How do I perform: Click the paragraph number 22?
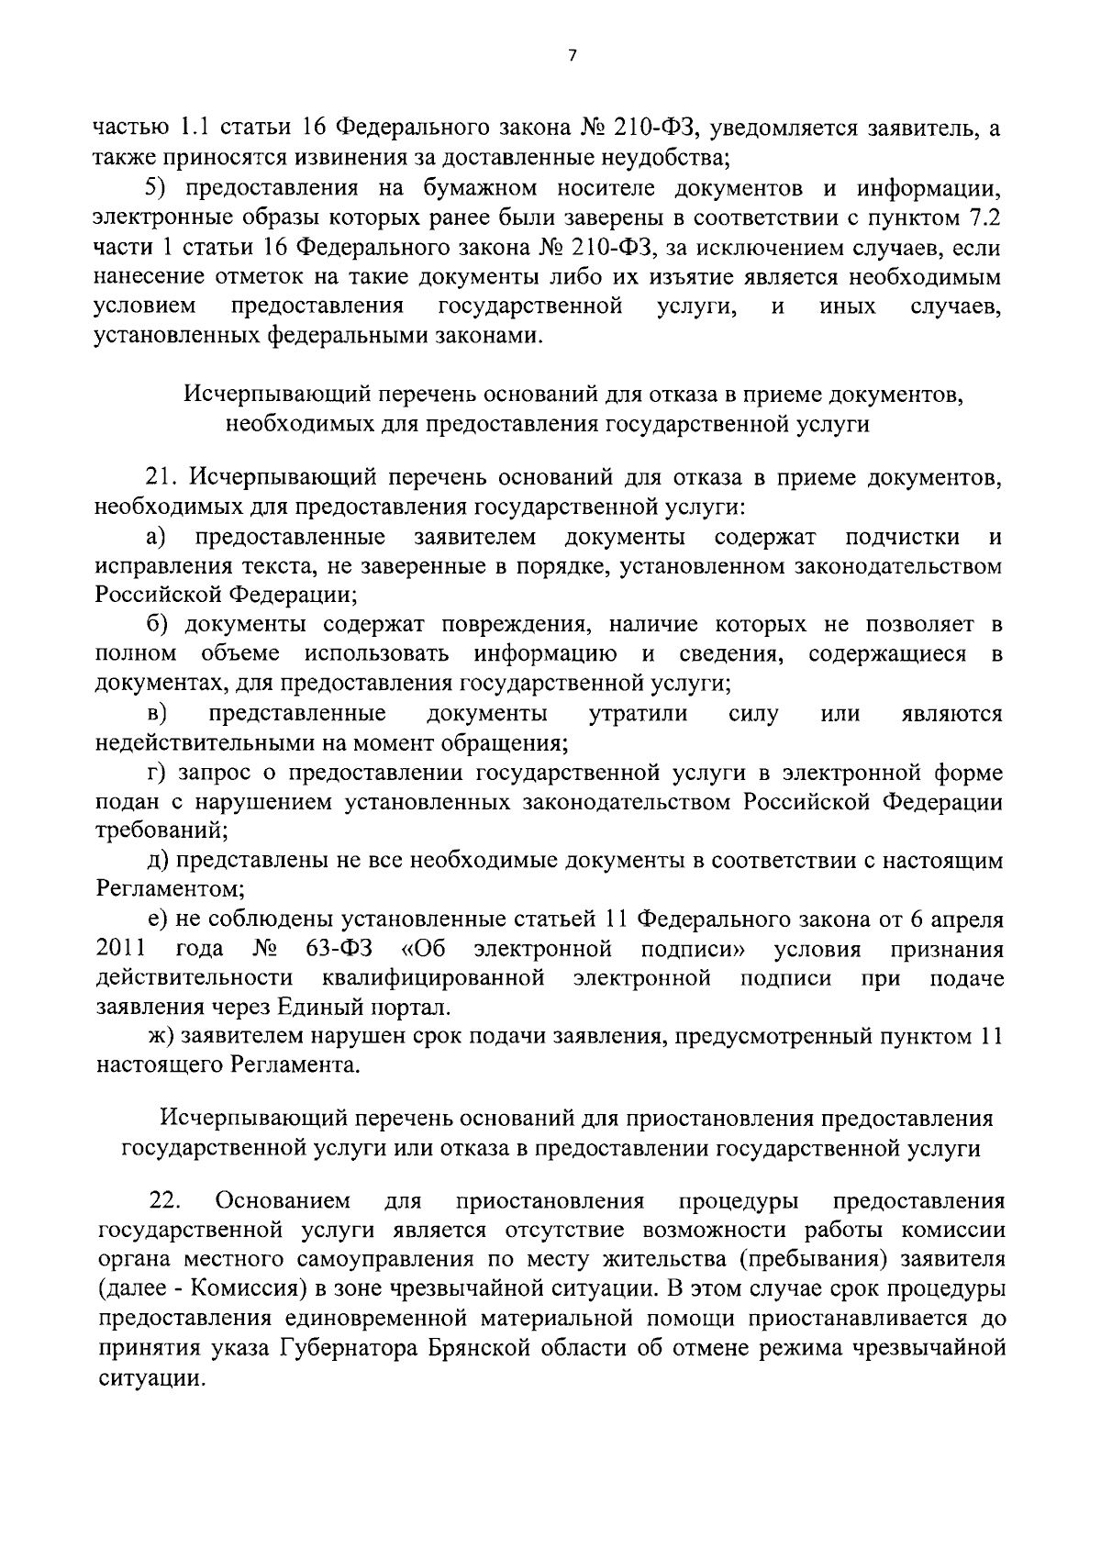click(x=164, y=1201)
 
